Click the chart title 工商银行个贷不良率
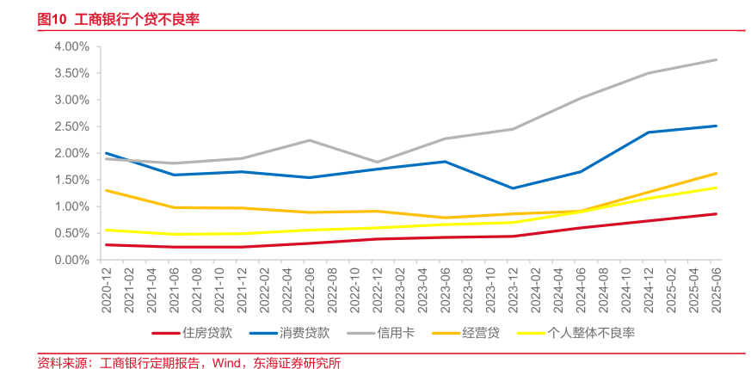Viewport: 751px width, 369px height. [137, 19]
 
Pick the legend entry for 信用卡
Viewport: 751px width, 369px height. [396, 333]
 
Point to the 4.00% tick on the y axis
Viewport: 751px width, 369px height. [71, 46]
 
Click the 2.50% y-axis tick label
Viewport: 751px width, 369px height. [71, 126]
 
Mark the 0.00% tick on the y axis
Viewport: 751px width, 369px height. [71, 260]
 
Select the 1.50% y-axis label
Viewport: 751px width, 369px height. [71, 180]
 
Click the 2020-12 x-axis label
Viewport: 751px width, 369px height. [107, 287]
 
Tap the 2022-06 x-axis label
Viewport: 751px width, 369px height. [310, 287]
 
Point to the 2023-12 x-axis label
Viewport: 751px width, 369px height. [513, 287]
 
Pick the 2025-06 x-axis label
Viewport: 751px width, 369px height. [716, 287]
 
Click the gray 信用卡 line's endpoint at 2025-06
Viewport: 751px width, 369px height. [717, 59]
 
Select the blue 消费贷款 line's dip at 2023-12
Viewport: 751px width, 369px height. [513, 188]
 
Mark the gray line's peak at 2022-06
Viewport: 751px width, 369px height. [310, 140]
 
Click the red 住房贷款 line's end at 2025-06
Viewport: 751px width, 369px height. [717, 214]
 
